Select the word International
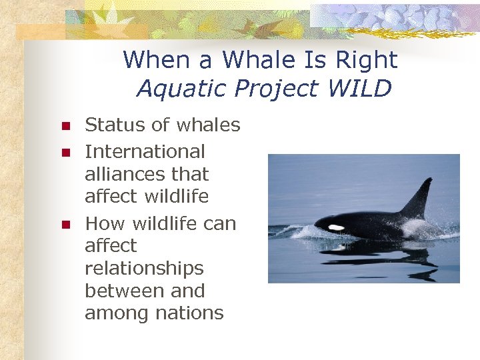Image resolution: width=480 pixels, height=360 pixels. tap(145, 151)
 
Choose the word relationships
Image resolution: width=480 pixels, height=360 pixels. tap(144, 269)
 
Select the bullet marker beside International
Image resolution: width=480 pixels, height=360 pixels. tap(65, 153)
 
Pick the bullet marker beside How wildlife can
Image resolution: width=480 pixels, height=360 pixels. tap(65, 225)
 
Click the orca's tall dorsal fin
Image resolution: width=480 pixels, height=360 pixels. tap(421, 198)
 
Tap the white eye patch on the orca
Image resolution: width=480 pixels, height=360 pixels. tap(336, 227)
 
